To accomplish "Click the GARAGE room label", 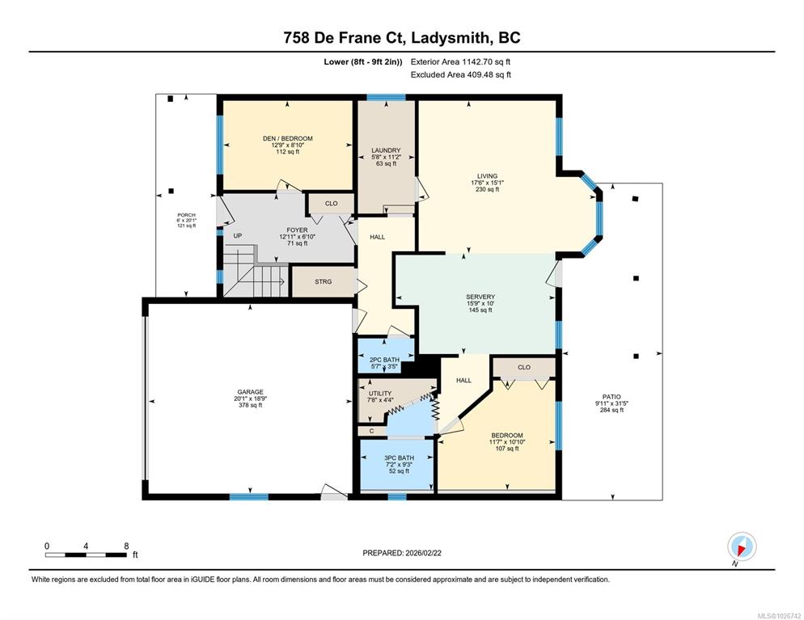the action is pos(250,392).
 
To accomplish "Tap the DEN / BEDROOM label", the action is pos(288,138).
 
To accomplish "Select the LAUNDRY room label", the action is pos(386,150).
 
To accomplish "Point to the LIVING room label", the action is pos(487,175).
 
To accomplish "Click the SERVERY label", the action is pos(480,297).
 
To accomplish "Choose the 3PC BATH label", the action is pos(399,458).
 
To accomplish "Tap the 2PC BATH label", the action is pos(384,360).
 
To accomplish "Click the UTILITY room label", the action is pos(380,394).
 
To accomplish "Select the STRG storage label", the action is pos(323,281).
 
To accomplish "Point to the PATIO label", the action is pos(611,397).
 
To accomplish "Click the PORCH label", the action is pos(186,215).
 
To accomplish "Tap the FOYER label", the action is pos(298,230).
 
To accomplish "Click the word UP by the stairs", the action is pos(238,236).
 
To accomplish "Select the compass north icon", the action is pos(742,546).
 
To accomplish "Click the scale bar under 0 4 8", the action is pos(86,555).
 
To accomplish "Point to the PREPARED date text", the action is pos(402,553).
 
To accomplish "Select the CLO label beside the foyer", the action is pos(332,204).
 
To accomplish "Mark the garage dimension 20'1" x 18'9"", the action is pos(250,399).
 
